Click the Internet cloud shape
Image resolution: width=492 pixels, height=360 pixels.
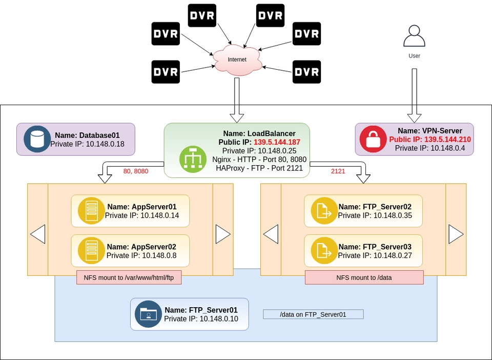[x=237, y=60]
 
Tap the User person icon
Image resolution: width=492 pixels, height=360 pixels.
[x=414, y=37]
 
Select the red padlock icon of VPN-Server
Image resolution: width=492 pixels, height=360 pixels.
[x=373, y=139]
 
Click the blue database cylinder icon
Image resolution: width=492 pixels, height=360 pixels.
[x=36, y=139]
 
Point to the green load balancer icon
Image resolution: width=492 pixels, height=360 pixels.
[x=193, y=159]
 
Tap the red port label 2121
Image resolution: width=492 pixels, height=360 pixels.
[x=337, y=172]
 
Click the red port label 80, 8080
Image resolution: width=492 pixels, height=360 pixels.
[x=136, y=172]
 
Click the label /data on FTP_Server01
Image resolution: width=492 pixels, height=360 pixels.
[x=313, y=314]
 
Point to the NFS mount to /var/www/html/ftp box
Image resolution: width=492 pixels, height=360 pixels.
[x=129, y=277]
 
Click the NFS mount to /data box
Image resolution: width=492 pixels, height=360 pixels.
[x=364, y=277]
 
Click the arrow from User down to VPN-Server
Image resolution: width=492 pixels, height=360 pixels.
[x=414, y=92]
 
